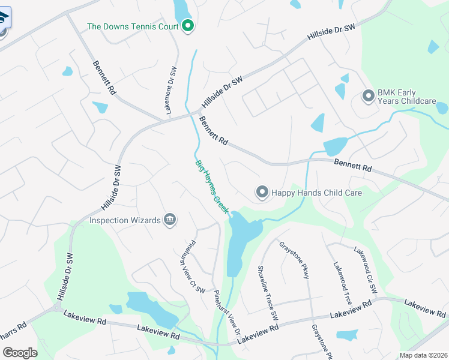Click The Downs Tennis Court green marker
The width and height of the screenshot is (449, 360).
(187, 26)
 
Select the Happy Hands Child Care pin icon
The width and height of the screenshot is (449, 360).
(262, 193)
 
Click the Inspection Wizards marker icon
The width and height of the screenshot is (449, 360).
(170, 220)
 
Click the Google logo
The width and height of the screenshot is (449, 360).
(20, 352)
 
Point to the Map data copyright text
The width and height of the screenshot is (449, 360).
(424, 355)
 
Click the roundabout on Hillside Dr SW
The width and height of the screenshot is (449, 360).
(58, 308)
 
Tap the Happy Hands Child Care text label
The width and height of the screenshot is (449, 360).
(316, 193)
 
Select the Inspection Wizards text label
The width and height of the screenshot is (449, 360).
(125, 220)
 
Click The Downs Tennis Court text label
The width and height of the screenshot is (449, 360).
(133, 26)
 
